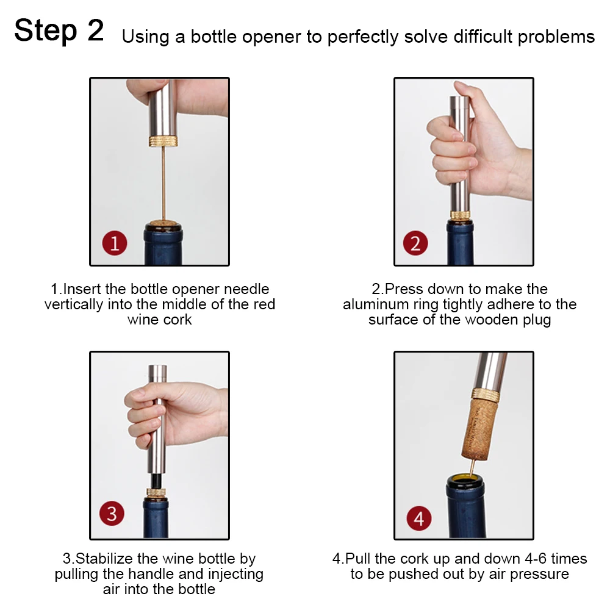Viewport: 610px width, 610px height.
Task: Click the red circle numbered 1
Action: [115, 243]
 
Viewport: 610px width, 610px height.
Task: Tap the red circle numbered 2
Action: [415, 243]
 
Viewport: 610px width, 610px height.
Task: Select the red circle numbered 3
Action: [112, 514]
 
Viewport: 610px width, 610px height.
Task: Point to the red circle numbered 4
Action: [419, 518]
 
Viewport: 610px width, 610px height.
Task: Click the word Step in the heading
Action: [46, 31]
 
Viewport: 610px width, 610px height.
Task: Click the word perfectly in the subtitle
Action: [363, 37]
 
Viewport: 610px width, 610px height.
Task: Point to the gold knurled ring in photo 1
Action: [163, 141]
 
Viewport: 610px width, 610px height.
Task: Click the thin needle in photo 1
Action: [163, 184]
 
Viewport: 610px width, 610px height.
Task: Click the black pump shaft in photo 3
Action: [156, 481]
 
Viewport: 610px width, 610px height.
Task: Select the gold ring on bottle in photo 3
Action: [156, 492]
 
